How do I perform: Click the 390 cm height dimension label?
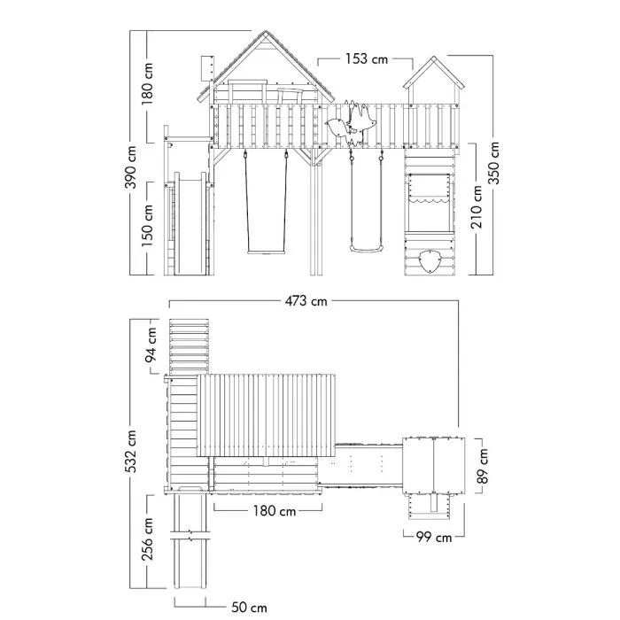click(132, 167)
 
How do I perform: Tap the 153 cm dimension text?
click(367, 59)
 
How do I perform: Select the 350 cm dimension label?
click(493, 163)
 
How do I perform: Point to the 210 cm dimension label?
click(477, 206)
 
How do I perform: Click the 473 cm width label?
click(306, 301)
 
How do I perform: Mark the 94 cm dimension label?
click(151, 345)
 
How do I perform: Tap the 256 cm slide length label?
click(147, 539)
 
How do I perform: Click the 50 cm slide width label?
click(249, 607)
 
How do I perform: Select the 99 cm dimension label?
click(434, 537)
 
